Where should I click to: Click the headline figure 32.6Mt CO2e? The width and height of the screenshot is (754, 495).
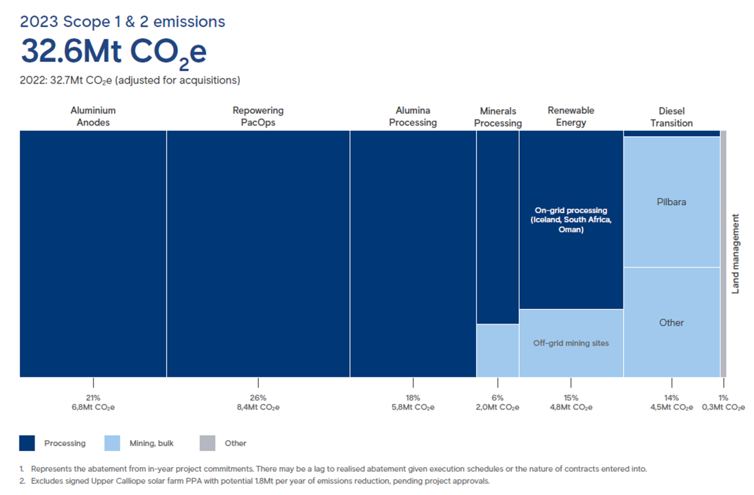[113, 52]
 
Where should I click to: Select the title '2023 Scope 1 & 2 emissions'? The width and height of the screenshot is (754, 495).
[123, 21]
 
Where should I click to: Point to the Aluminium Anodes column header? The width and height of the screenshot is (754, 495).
[93, 117]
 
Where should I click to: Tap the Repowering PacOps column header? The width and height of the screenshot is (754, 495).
[258, 117]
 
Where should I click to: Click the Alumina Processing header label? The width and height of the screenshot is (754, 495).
[413, 117]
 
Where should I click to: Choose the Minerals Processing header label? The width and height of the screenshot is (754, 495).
[498, 117]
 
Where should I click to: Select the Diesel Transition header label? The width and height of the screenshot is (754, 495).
[671, 117]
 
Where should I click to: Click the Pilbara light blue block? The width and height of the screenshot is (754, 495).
[671, 202]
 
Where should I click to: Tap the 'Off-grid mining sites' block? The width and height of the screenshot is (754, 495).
[571, 343]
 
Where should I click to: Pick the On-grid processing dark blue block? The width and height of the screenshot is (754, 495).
[571, 220]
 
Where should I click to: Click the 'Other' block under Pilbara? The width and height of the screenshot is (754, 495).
[671, 322]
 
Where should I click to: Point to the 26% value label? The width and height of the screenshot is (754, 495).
[258, 398]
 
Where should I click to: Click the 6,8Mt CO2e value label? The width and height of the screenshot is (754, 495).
[93, 407]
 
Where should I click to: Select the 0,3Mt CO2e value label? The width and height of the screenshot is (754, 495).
[723, 407]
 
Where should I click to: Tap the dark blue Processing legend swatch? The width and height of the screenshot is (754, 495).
[28, 443]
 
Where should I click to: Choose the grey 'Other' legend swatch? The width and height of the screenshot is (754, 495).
[207, 443]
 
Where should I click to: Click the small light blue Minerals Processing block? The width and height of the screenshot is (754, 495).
[498, 351]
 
